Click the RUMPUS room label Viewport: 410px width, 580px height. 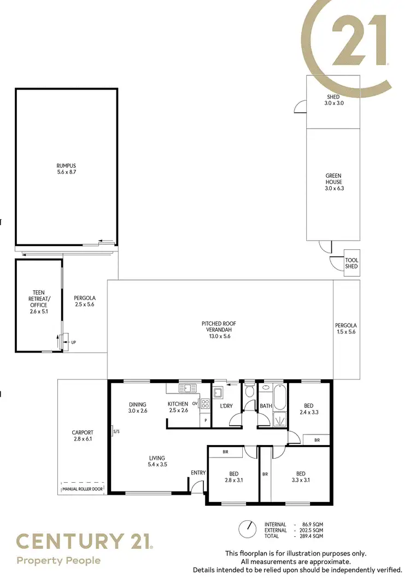pos(66,169)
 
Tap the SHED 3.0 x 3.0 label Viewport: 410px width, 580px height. pos(333,100)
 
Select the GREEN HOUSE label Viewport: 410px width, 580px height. pos(333,182)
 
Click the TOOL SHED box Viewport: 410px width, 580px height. pos(352,263)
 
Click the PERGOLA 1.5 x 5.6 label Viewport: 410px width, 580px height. pos(345,328)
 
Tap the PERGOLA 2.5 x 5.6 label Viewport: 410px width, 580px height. pos(84,301)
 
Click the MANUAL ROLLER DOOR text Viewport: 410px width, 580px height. pos(83,489)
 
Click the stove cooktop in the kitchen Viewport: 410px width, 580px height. pos(206,404)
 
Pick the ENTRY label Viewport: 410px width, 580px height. pos(198,473)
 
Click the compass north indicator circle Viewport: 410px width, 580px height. pos(248,529)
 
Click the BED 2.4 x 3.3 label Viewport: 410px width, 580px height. pos(309,409)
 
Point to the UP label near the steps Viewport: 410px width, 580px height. pos(73,343)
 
